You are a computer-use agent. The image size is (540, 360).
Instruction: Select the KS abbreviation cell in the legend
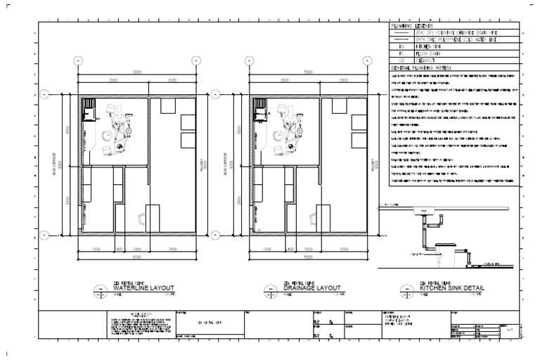point(400,45)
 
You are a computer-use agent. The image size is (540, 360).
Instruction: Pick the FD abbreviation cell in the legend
point(400,52)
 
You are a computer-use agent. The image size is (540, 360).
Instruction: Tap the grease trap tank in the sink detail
point(446,252)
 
